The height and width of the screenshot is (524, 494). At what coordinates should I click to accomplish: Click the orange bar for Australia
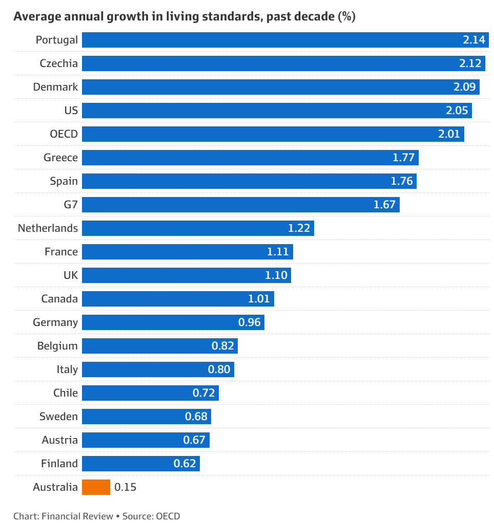click(x=96, y=487)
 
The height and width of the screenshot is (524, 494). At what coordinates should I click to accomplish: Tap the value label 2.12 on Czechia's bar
click(x=470, y=63)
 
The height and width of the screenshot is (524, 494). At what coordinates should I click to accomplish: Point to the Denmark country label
click(x=55, y=87)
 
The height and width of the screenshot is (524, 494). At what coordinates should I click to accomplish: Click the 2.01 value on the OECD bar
click(x=449, y=134)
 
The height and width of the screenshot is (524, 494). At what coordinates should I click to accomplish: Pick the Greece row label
click(x=60, y=158)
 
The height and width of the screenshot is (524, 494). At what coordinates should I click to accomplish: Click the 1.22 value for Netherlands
click(x=299, y=228)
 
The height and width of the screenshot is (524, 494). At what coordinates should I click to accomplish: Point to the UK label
click(x=71, y=275)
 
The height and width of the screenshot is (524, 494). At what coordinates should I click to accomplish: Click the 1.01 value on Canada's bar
click(x=259, y=299)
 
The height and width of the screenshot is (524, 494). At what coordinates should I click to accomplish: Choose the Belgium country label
click(x=57, y=346)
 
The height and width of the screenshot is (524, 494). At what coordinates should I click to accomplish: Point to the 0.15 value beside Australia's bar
click(x=125, y=487)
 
